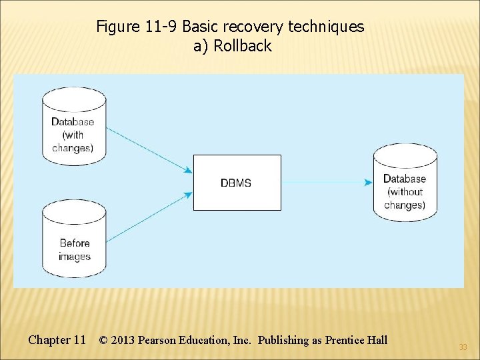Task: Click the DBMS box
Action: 237,183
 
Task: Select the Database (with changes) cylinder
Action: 73,126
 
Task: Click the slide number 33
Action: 463,347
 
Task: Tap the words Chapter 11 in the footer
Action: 57,340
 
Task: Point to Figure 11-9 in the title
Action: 137,27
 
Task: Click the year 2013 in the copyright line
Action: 123,340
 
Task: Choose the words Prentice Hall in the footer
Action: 356,340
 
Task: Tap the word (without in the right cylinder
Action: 405,192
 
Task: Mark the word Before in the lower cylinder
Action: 74,243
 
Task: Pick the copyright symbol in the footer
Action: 103,340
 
